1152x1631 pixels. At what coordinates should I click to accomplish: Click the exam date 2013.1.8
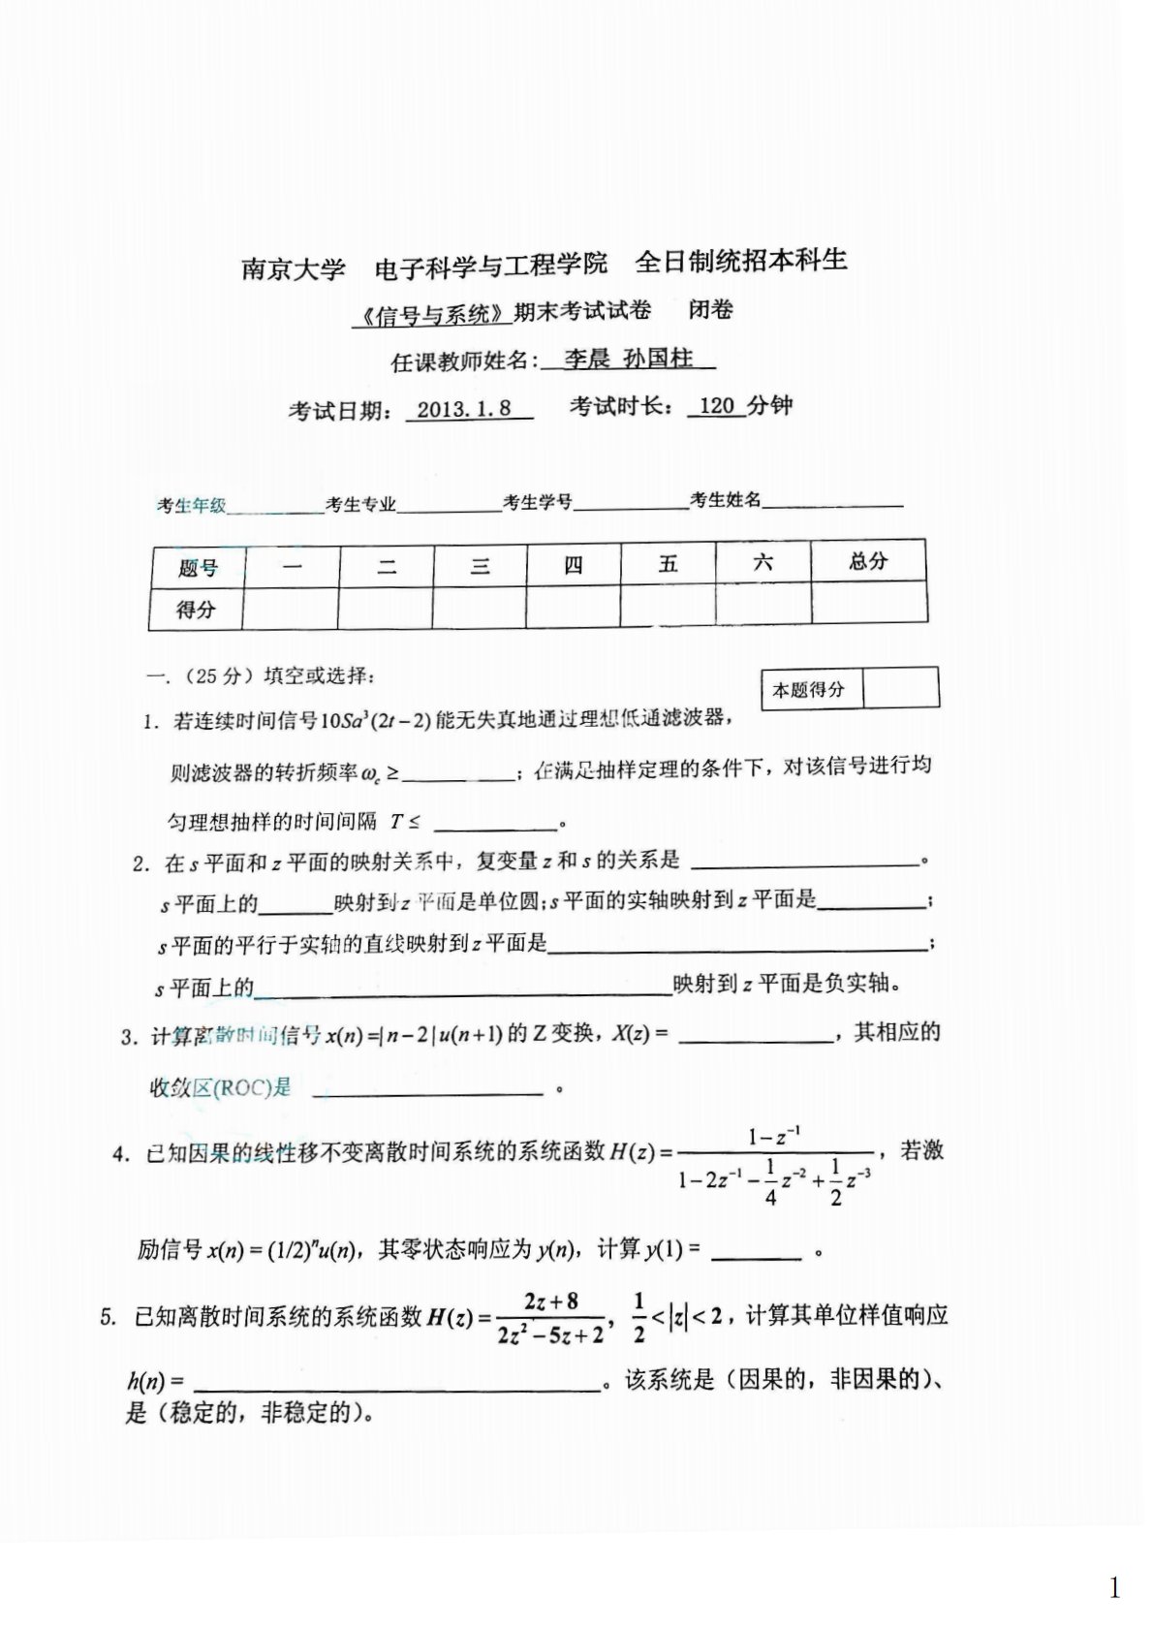click(464, 409)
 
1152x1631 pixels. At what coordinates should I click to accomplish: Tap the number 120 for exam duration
click(717, 406)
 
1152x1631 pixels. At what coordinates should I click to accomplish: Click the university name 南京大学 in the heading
click(293, 267)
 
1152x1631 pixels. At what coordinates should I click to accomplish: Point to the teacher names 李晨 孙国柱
click(629, 359)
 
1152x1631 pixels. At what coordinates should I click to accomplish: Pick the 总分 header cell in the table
click(867, 561)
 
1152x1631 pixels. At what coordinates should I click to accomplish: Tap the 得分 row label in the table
click(196, 610)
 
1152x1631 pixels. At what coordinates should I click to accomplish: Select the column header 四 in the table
click(574, 565)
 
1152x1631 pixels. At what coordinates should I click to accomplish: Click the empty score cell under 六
click(763, 604)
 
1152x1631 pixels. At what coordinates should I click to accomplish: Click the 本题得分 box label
click(809, 690)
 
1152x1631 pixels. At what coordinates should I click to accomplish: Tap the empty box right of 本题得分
click(900, 688)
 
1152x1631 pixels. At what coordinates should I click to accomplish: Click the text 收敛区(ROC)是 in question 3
click(220, 1087)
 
